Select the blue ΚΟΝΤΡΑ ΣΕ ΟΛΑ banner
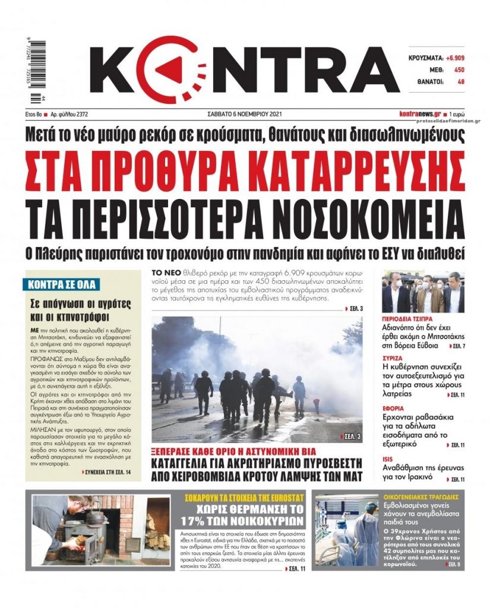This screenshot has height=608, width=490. [x=63, y=284]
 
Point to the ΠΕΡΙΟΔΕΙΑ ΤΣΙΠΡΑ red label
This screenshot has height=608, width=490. [x=409, y=319]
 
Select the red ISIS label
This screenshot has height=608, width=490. [x=389, y=458]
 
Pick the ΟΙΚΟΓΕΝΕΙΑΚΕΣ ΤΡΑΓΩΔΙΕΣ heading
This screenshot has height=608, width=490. [x=423, y=496]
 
